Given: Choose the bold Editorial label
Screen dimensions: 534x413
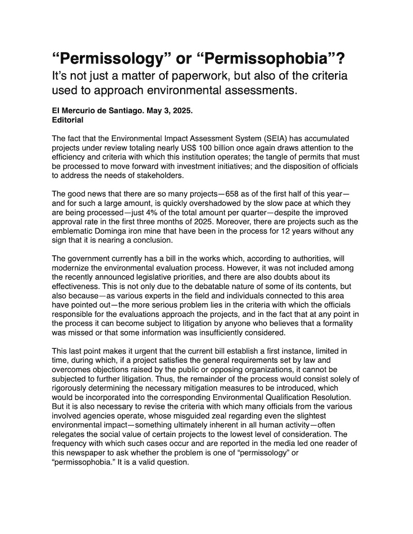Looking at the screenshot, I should [x=68, y=120].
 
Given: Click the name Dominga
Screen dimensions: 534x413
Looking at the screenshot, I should [x=112, y=230].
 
